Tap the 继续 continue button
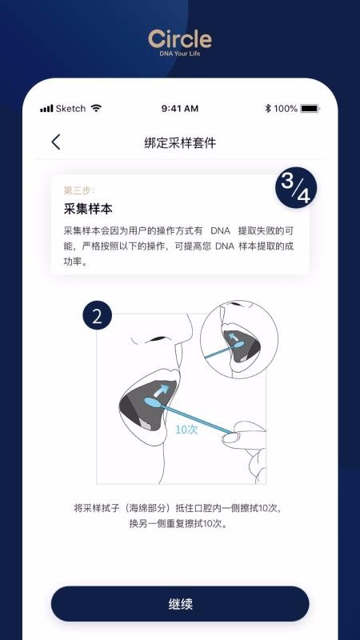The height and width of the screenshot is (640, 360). point(180,604)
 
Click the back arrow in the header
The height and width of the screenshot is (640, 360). point(56,142)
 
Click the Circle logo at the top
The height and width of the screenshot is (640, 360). point(180,39)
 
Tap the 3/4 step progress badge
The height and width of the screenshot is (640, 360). point(296,187)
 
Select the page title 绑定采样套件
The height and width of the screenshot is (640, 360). point(180,143)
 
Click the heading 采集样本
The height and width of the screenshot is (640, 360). point(88,209)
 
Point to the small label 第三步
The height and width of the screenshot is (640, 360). point(79,190)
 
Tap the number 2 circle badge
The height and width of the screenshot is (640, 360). point(97,315)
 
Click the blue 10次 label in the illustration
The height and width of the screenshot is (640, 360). point(186,429)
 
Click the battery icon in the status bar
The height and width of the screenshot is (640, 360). point(310,108)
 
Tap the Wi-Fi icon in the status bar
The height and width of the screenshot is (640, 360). point(96,108)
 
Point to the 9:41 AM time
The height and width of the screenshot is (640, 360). point(179,108)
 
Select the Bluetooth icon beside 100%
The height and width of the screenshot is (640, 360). point(268,108)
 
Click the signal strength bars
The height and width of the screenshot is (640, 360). point(46,109)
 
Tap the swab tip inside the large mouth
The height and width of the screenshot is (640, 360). point(153,402)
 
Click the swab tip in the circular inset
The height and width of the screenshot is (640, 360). point(238,344)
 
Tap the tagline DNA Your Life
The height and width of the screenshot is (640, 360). point(180,54)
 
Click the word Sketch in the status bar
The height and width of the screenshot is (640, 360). point(70,108)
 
